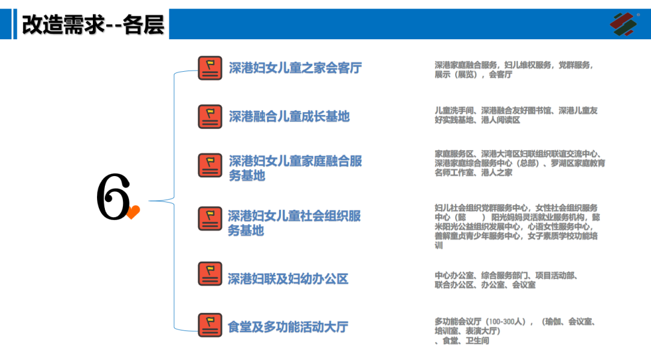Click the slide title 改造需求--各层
click(x=93, y=25)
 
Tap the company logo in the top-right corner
click(x=623, y=24)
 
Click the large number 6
click(x=113, y=197)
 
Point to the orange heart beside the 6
click(x=133, y=212)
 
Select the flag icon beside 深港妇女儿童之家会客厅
click(x=210, y=68)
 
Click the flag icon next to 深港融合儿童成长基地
click(x=210, y=116)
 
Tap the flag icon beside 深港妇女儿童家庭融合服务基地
click(x=210, y=165)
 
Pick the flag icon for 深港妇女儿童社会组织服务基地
click(x=210, y=218)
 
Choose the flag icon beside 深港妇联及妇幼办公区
click(x=210, y=273)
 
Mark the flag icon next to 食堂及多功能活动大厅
click(x=210, y=324)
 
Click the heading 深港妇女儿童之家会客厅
click(x=295, y=68)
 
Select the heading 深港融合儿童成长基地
click(x=289, y=116)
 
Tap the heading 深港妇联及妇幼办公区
click(x=288, y=279)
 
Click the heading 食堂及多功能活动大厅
click(x=288, y=327)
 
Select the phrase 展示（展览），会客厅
click(x=473, y=75)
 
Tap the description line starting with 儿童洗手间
click(x=516, y=110)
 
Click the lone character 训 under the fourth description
click(x=439, y=245)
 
